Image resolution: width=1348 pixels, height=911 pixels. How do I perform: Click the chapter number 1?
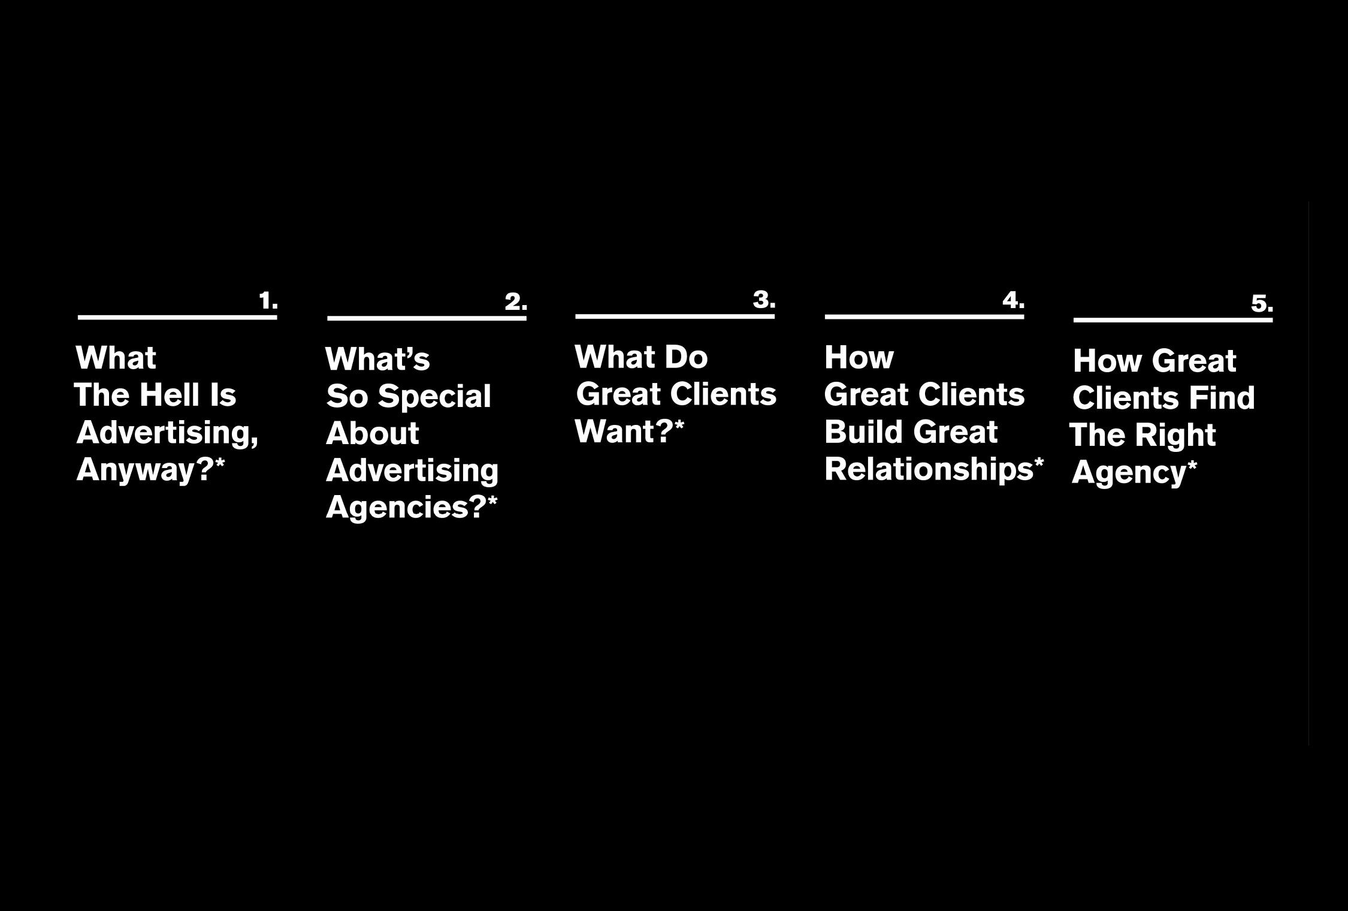click(x=268, y=301)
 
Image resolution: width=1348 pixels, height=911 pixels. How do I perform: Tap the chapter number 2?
click(x=516, y=301)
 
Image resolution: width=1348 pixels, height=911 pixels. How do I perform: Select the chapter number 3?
click(x=764, y=299)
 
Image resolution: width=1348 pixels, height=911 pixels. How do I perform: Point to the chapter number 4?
click(x=1014, y=300)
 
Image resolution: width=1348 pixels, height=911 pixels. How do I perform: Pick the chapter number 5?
click(x=1262, y=304)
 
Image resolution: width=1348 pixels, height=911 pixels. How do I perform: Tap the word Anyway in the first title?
click(x=143, y=470)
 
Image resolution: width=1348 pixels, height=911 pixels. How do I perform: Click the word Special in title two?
click(x=434, y=397)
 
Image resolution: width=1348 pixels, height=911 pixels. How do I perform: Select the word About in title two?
click(x=372, y=433)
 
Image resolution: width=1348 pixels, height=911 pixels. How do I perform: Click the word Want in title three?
click(x=617, y=432)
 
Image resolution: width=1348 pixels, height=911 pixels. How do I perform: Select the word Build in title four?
click(x=864, y=432)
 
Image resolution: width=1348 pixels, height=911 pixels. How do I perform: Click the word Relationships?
click(x=929, y=469)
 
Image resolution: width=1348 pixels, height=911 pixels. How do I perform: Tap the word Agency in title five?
click(x=1129, y=473)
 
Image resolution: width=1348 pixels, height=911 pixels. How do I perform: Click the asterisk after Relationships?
click(x=1039, y=463)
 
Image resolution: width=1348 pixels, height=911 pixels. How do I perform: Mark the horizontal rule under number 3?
click(x=675, y=316)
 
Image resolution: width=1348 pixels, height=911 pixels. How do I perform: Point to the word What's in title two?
click(x=377, y=360)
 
